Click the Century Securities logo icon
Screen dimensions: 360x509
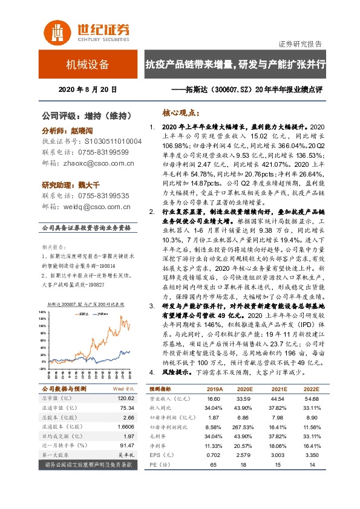(55, 30)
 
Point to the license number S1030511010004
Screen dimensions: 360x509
(109, 141)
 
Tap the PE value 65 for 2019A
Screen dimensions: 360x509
(212, 464)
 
